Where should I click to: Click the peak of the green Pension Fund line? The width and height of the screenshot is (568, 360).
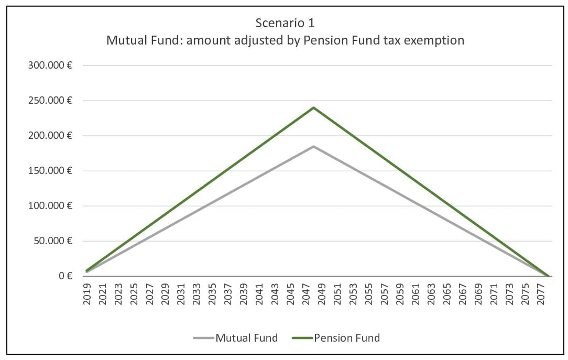(313, 107)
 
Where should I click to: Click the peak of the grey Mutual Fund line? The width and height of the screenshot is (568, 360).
(313, 146)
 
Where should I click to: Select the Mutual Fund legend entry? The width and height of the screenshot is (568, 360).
(246, 337)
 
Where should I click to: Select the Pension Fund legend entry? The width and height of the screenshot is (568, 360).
(347, 337)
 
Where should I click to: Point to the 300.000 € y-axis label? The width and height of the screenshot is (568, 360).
(51, 66)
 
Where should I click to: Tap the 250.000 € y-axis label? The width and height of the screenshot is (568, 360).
(51, 101)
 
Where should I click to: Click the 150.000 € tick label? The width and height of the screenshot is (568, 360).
(51, 171)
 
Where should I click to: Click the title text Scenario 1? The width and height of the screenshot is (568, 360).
(285, 24)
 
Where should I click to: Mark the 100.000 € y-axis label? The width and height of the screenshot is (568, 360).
(51, 206)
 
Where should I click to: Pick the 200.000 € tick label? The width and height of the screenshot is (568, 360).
(51, 136)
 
